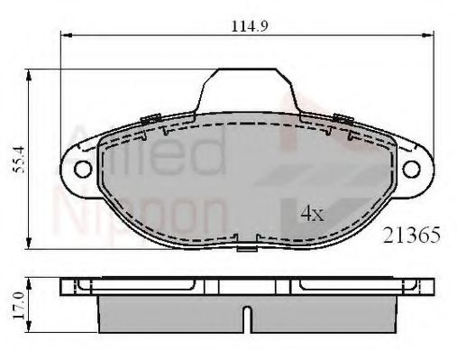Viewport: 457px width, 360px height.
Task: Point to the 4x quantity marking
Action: coord(311,214)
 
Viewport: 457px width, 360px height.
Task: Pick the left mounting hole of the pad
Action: coord(83,168)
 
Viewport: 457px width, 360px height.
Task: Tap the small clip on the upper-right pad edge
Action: coord(341,117)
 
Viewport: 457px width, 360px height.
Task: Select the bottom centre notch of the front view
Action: coord(247,243)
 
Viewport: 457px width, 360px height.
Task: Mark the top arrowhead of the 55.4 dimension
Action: coord(32,76)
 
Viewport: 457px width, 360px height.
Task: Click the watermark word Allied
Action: coord(144,149)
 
